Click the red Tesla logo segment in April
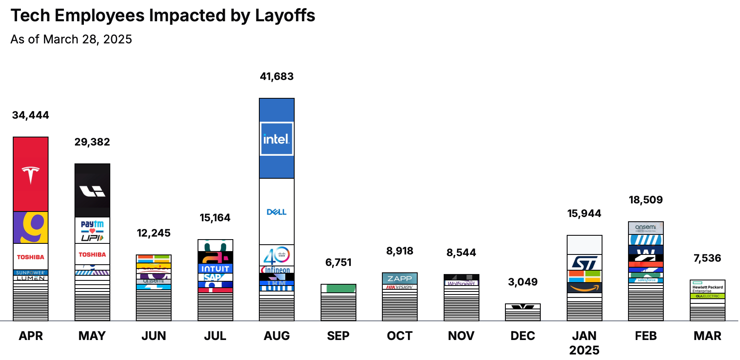31,174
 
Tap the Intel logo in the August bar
277,139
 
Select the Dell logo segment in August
277,211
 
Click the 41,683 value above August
277,77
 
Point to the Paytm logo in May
92,230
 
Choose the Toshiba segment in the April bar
31,257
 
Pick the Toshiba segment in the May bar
92,254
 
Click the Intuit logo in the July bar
215,269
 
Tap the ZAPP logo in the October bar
400,279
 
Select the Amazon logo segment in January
585,288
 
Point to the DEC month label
523,336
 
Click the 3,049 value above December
523,282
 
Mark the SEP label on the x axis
338,336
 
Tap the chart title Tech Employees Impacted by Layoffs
163,15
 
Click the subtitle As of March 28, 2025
71,39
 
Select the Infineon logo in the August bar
277,270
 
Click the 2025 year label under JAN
584,350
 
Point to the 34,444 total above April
31,115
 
